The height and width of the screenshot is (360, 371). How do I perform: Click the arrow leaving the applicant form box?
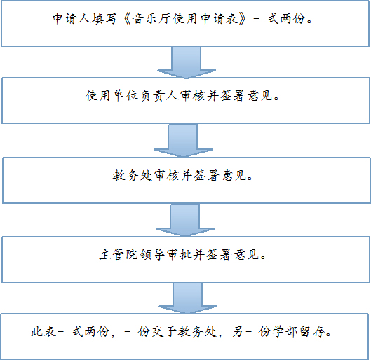coord(187,62)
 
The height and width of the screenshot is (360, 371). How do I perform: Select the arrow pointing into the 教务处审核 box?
coord(183,141)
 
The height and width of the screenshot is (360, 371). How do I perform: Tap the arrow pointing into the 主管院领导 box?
coord(185,220)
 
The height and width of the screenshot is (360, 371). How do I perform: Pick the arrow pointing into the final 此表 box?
coord(187,298)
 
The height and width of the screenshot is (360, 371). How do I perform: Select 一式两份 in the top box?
coord(279,18)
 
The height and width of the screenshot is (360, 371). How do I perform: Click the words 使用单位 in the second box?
coord(112,96)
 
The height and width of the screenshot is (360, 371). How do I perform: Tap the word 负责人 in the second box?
coord(159,96)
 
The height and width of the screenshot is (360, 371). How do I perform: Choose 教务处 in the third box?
coord(132,175)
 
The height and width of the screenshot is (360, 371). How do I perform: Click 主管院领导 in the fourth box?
coord(132,255)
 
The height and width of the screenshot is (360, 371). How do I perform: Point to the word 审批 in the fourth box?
coord(179,255)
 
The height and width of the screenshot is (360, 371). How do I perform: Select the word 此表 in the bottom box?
coord(43,331)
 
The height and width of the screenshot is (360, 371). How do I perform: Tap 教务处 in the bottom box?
coord(197,331)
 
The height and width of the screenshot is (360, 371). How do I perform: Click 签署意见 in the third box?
coord(220,175)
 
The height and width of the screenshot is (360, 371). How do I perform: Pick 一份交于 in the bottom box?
coord(151,331)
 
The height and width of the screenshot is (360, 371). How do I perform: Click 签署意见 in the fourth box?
coord(233,255)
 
